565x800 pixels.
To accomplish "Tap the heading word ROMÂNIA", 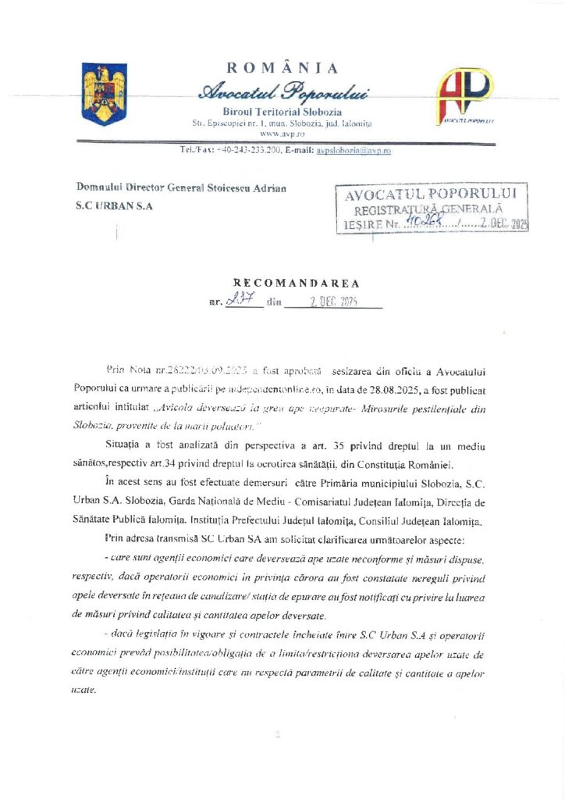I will coord(282,69).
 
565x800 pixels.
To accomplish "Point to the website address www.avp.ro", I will coord(282,134).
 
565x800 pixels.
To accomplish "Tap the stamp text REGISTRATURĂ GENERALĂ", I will coord(428,209).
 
